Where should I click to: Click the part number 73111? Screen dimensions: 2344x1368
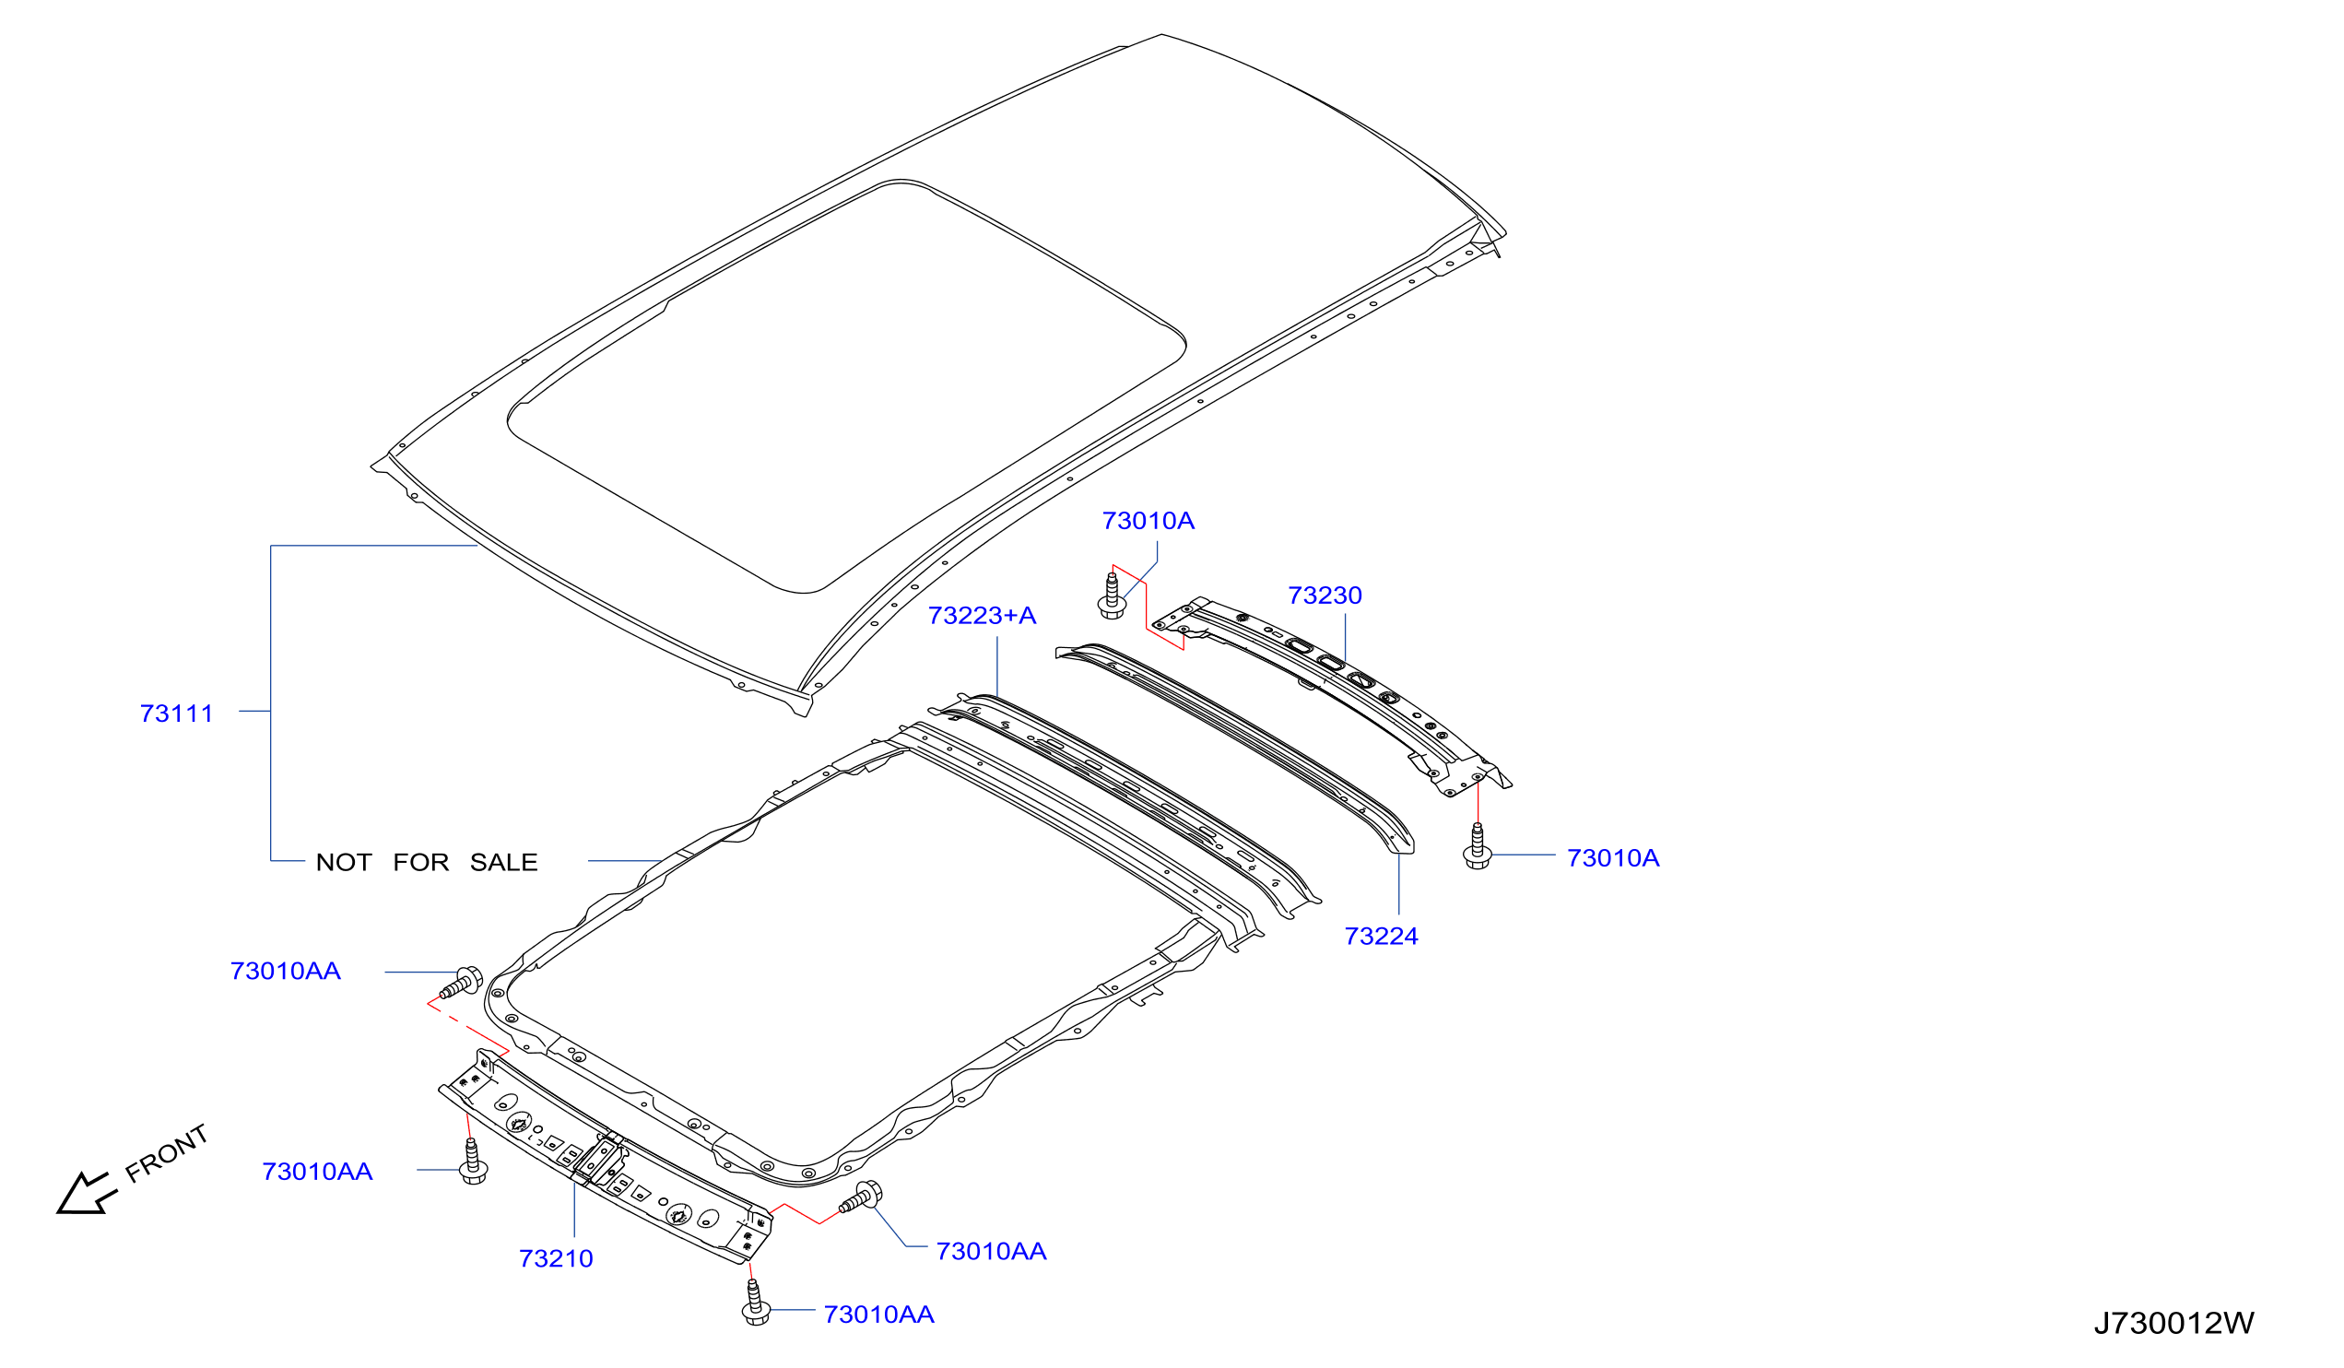[x=177, y=714]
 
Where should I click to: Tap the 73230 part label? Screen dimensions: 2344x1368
[x=1325, y=596]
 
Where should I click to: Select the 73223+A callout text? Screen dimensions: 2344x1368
[x=983, y=616]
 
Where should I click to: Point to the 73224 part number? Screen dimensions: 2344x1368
[x=1382, y=937]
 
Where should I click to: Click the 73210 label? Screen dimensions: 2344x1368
[x=556, y=1259]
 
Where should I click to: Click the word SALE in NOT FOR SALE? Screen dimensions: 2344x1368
[x=503, y=863]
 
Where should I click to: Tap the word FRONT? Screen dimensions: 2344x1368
[x=167, y=1154]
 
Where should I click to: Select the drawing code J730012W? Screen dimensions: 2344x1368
[x=2173, y=1325]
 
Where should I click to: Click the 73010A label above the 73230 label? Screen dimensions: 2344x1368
[x=1148, y=522]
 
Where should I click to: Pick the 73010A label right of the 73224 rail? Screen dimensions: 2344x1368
[x=1613, y=859]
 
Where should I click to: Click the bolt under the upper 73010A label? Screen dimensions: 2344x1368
[x=1112, y=596]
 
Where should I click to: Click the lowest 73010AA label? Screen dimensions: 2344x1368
[x=879, y=1315]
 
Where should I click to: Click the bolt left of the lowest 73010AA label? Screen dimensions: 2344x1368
[x=755, y=1302]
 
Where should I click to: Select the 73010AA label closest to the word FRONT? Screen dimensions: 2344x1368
[x=317, y=1173]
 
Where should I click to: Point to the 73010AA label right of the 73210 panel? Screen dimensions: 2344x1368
[x=992, y=1252]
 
